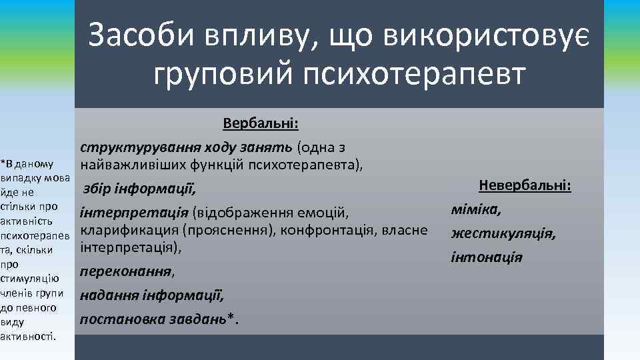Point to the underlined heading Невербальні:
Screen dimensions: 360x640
point(524,186)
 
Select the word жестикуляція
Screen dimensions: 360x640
point(503,234)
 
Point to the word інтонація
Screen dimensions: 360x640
point(487,257)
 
